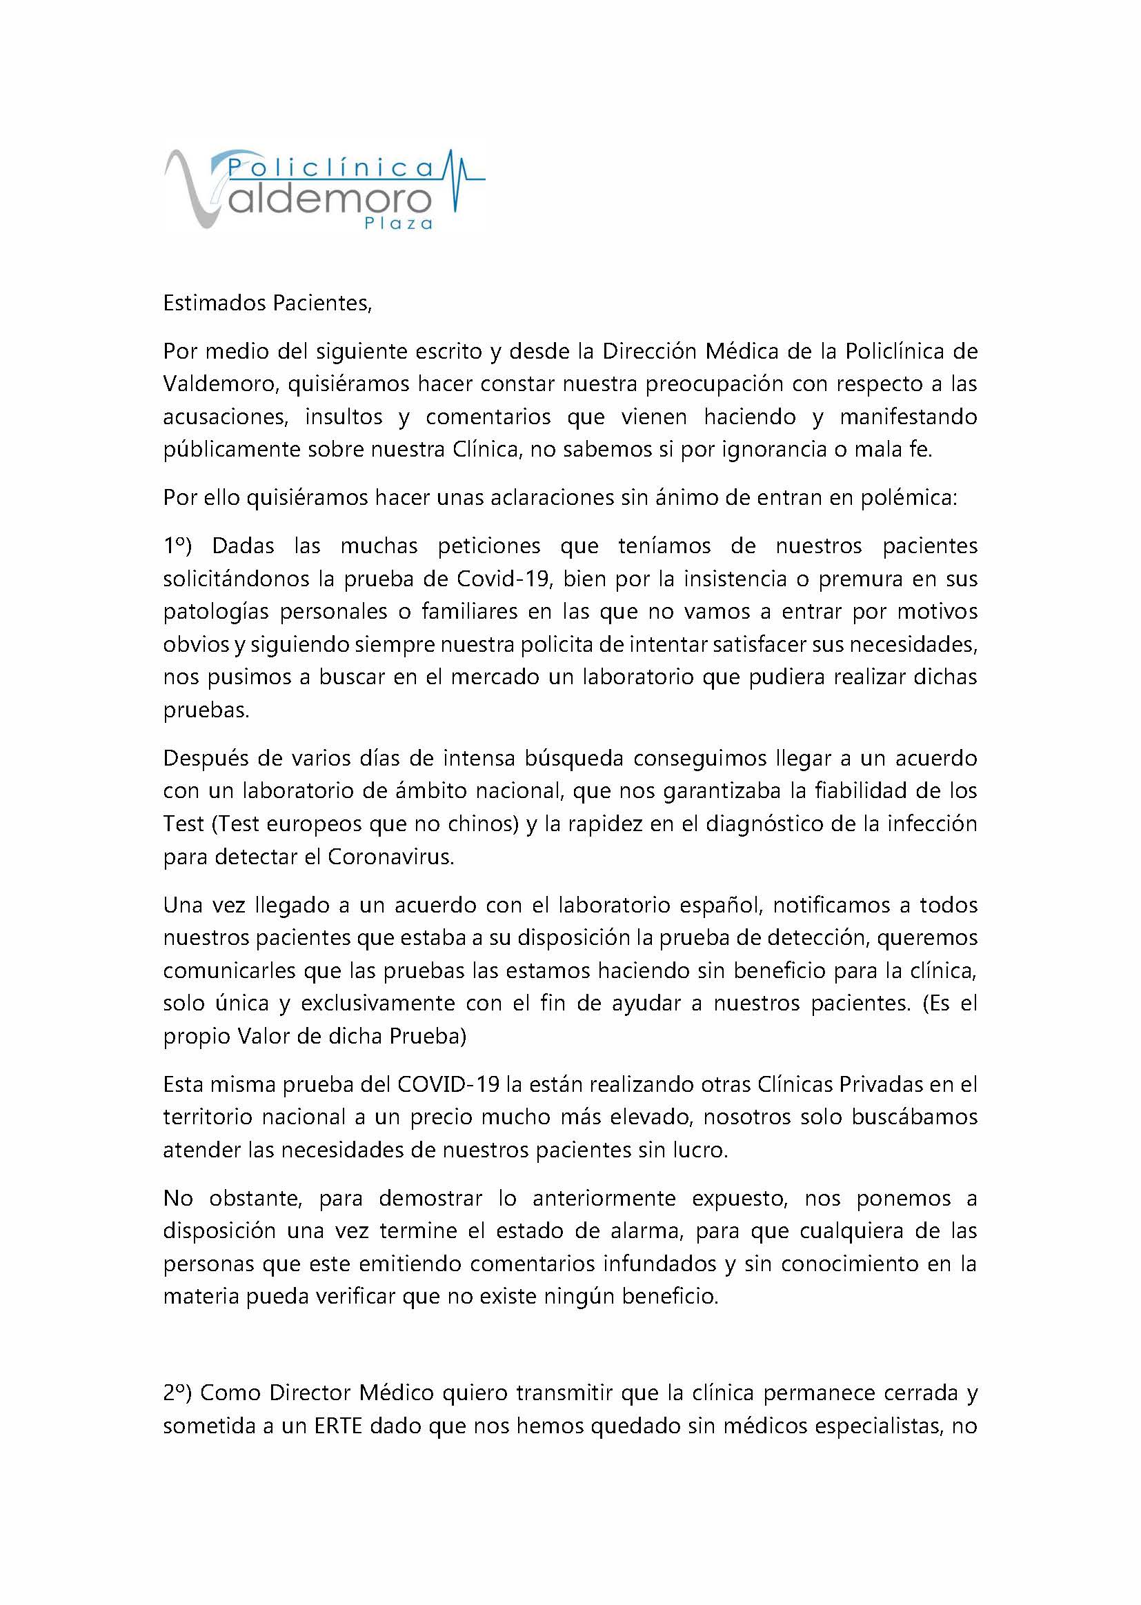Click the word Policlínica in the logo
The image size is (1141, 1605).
point(330,168)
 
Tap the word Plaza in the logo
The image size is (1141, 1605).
point(398,223)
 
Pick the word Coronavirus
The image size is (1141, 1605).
point(390,857)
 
